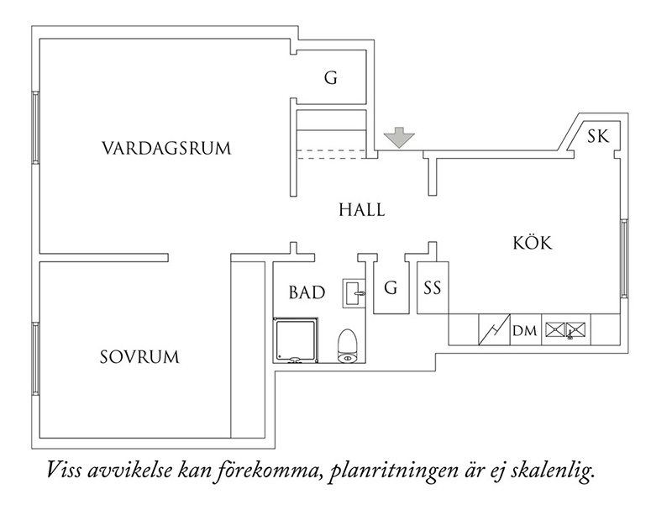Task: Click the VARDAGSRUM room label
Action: [166, 148]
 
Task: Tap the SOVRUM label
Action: [139, 357]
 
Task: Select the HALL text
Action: [362, 210]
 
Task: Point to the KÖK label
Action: [533, 242]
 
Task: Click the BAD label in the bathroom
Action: [307, 292]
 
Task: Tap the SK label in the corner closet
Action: [598, 136]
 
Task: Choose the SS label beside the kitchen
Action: [433, 288]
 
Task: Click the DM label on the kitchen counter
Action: [525, 331]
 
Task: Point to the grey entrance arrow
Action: [400, 137]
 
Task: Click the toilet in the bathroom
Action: [347, 346]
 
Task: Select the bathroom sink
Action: [354, 293]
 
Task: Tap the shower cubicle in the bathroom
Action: [296, 340]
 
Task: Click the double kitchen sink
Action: [566, 330]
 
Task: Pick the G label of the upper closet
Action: [331, 78]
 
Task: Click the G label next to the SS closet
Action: [391, 288]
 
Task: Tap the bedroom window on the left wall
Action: [35, 359]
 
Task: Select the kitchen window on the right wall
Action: [624, 258]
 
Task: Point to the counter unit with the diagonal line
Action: [494, 329]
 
